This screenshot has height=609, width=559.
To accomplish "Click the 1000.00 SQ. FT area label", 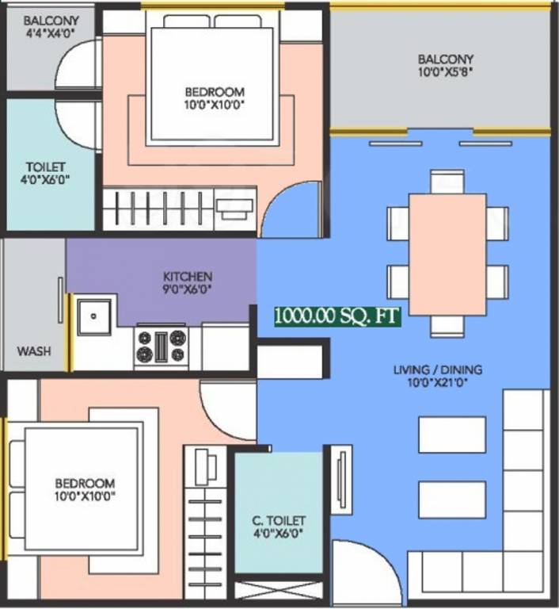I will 337,316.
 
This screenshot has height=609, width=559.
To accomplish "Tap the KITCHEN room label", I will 188,276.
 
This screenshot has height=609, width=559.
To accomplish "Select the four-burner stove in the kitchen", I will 161,347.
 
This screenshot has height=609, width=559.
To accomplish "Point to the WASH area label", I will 34,350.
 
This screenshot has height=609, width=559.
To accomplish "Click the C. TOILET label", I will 280,520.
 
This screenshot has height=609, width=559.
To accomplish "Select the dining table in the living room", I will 447,254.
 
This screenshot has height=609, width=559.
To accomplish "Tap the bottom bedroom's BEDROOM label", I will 85,483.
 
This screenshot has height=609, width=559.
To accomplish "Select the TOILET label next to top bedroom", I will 46,167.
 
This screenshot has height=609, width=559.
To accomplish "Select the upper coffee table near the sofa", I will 451,434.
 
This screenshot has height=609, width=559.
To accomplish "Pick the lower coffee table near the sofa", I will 451,499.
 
